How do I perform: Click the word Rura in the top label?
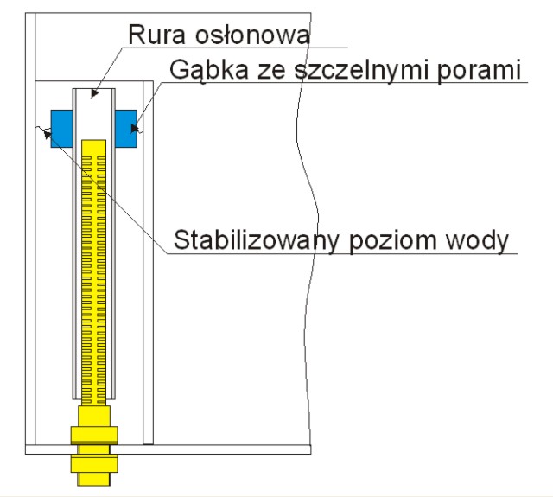(x=156, y=35)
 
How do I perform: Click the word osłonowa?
(x=252, y=35)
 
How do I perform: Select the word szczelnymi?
(x=363, y=70)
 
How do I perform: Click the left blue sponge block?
(x=61, y=129)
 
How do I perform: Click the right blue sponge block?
(x=126, y=129)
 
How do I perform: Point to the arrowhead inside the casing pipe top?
(x=94, y=93)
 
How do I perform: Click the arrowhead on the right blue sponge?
(x=135, y=128)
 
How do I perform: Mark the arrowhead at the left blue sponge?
(x=48, y=134)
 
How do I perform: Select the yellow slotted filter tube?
(x=94, y=272)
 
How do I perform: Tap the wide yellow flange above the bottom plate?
(x=94, y=435)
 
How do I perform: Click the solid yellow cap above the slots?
(x=94, y=148)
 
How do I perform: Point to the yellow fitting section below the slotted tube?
(x=94, y=417)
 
